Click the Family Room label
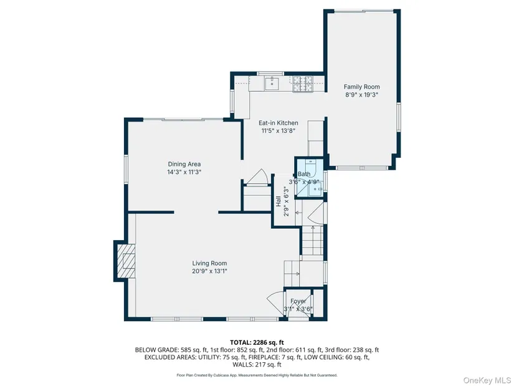coord(361,87)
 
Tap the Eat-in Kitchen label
coord(278,123)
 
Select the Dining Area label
coord(184,164)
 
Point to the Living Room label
coord(209,263)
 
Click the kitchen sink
coord(272,84)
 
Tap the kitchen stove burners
coord(302,84)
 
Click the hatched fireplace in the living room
coord(128,261)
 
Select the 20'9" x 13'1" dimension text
coord(209,271)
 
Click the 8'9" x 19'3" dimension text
coord(361,95)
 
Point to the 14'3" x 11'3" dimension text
coord(184,172)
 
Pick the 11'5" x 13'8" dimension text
coord(278,131)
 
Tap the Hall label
coord(278,201)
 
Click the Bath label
coord(304,174)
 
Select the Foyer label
coord(298,301)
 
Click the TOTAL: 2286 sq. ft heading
coord(257,343)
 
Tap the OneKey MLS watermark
coord(487,380)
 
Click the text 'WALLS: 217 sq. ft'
coord(257,365)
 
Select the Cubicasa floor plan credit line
coord(257,375)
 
